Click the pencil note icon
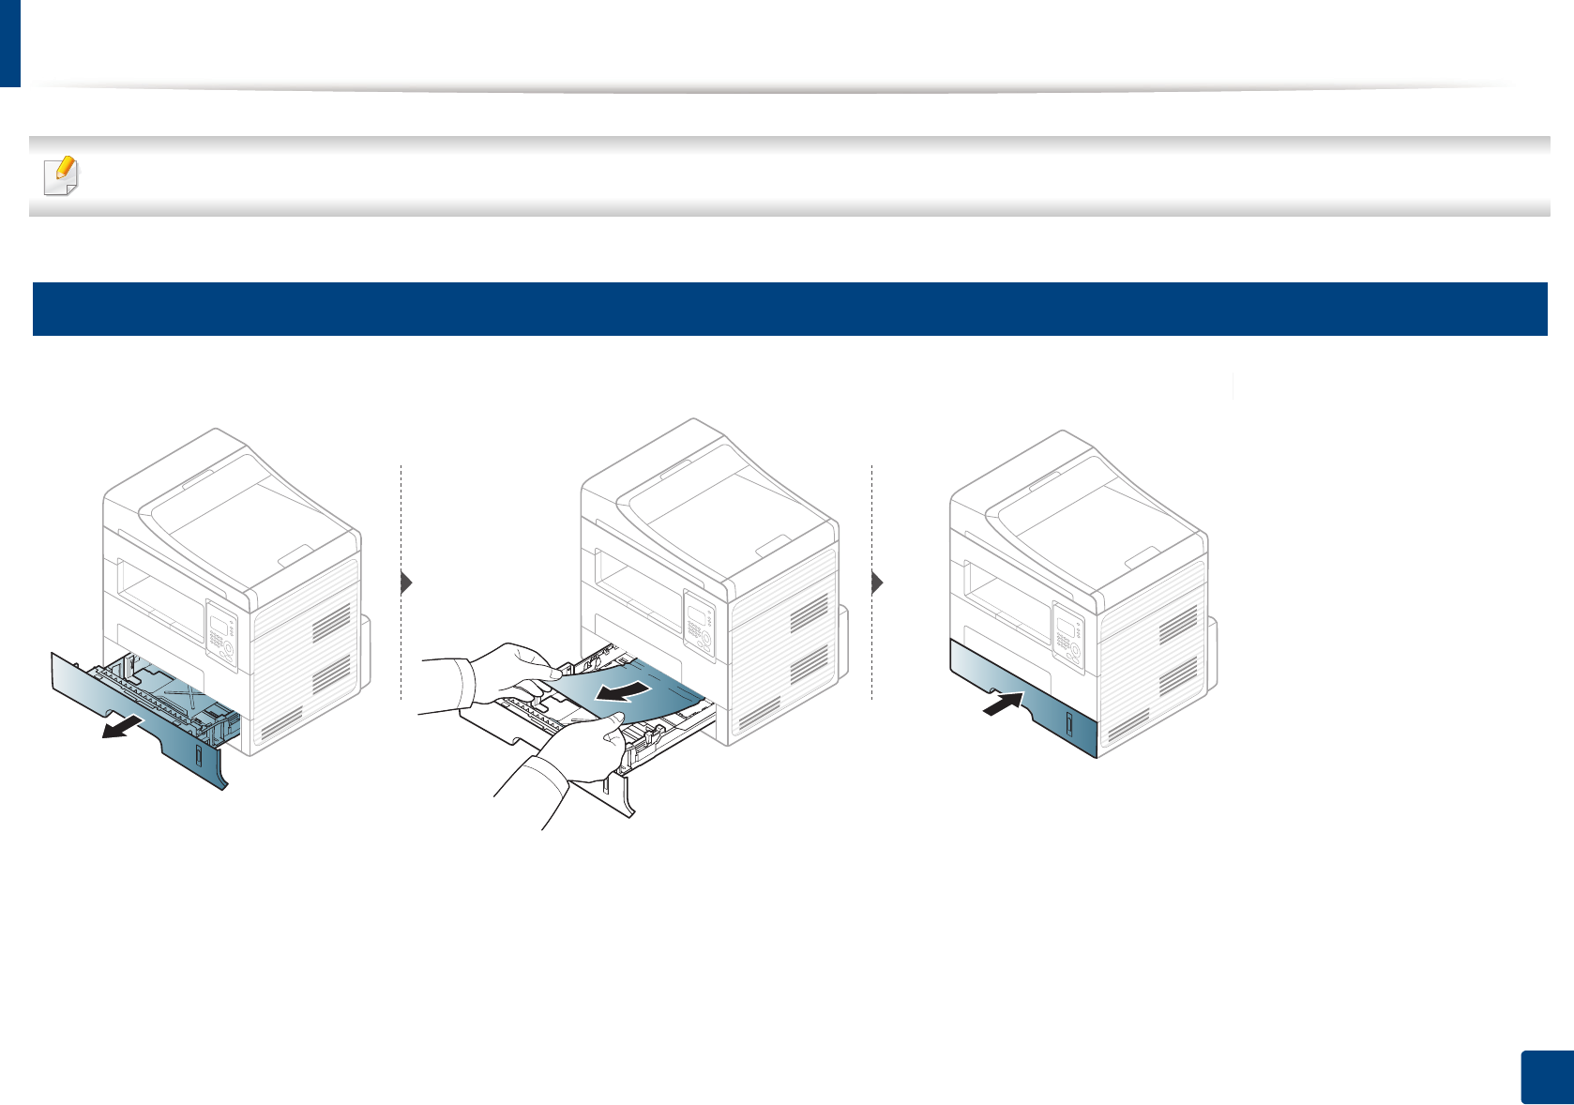point(62,174)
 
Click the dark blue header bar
point(789,309)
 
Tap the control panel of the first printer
point(221,637)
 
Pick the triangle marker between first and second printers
point(406,583)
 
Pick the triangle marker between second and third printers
point(877,583)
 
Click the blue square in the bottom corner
point(1547,1078)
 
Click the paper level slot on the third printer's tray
point(1069,724)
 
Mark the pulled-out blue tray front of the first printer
point(141,713)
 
